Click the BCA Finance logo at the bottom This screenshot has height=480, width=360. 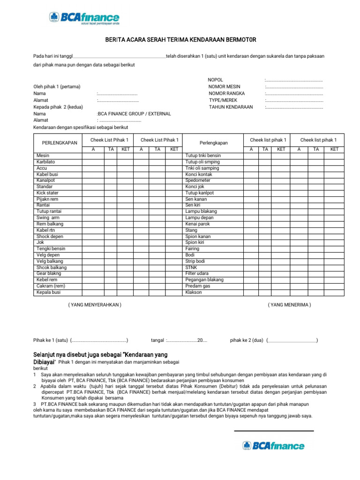coord(273,446)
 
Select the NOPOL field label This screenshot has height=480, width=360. coord(215,80)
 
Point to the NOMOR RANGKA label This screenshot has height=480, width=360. coord(227,93)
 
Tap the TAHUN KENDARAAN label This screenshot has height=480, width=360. coord(231,107)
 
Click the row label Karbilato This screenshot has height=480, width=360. coord(46,162)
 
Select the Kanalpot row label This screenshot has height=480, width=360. coord(46,180)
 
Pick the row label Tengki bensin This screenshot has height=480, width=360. coord(51,248)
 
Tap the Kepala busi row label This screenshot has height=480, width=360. coord(48,292)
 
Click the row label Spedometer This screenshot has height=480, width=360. coord(198,180)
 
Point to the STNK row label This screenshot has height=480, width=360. coord(191,267)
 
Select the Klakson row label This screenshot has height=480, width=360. coord(194,292)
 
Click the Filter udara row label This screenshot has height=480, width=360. coord(198,273)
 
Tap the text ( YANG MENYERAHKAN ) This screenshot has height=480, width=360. coord(95,305)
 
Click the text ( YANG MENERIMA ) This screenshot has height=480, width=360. coord(289,305)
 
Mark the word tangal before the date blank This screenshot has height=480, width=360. coord(157,340)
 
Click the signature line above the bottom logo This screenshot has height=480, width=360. coord(274,431)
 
